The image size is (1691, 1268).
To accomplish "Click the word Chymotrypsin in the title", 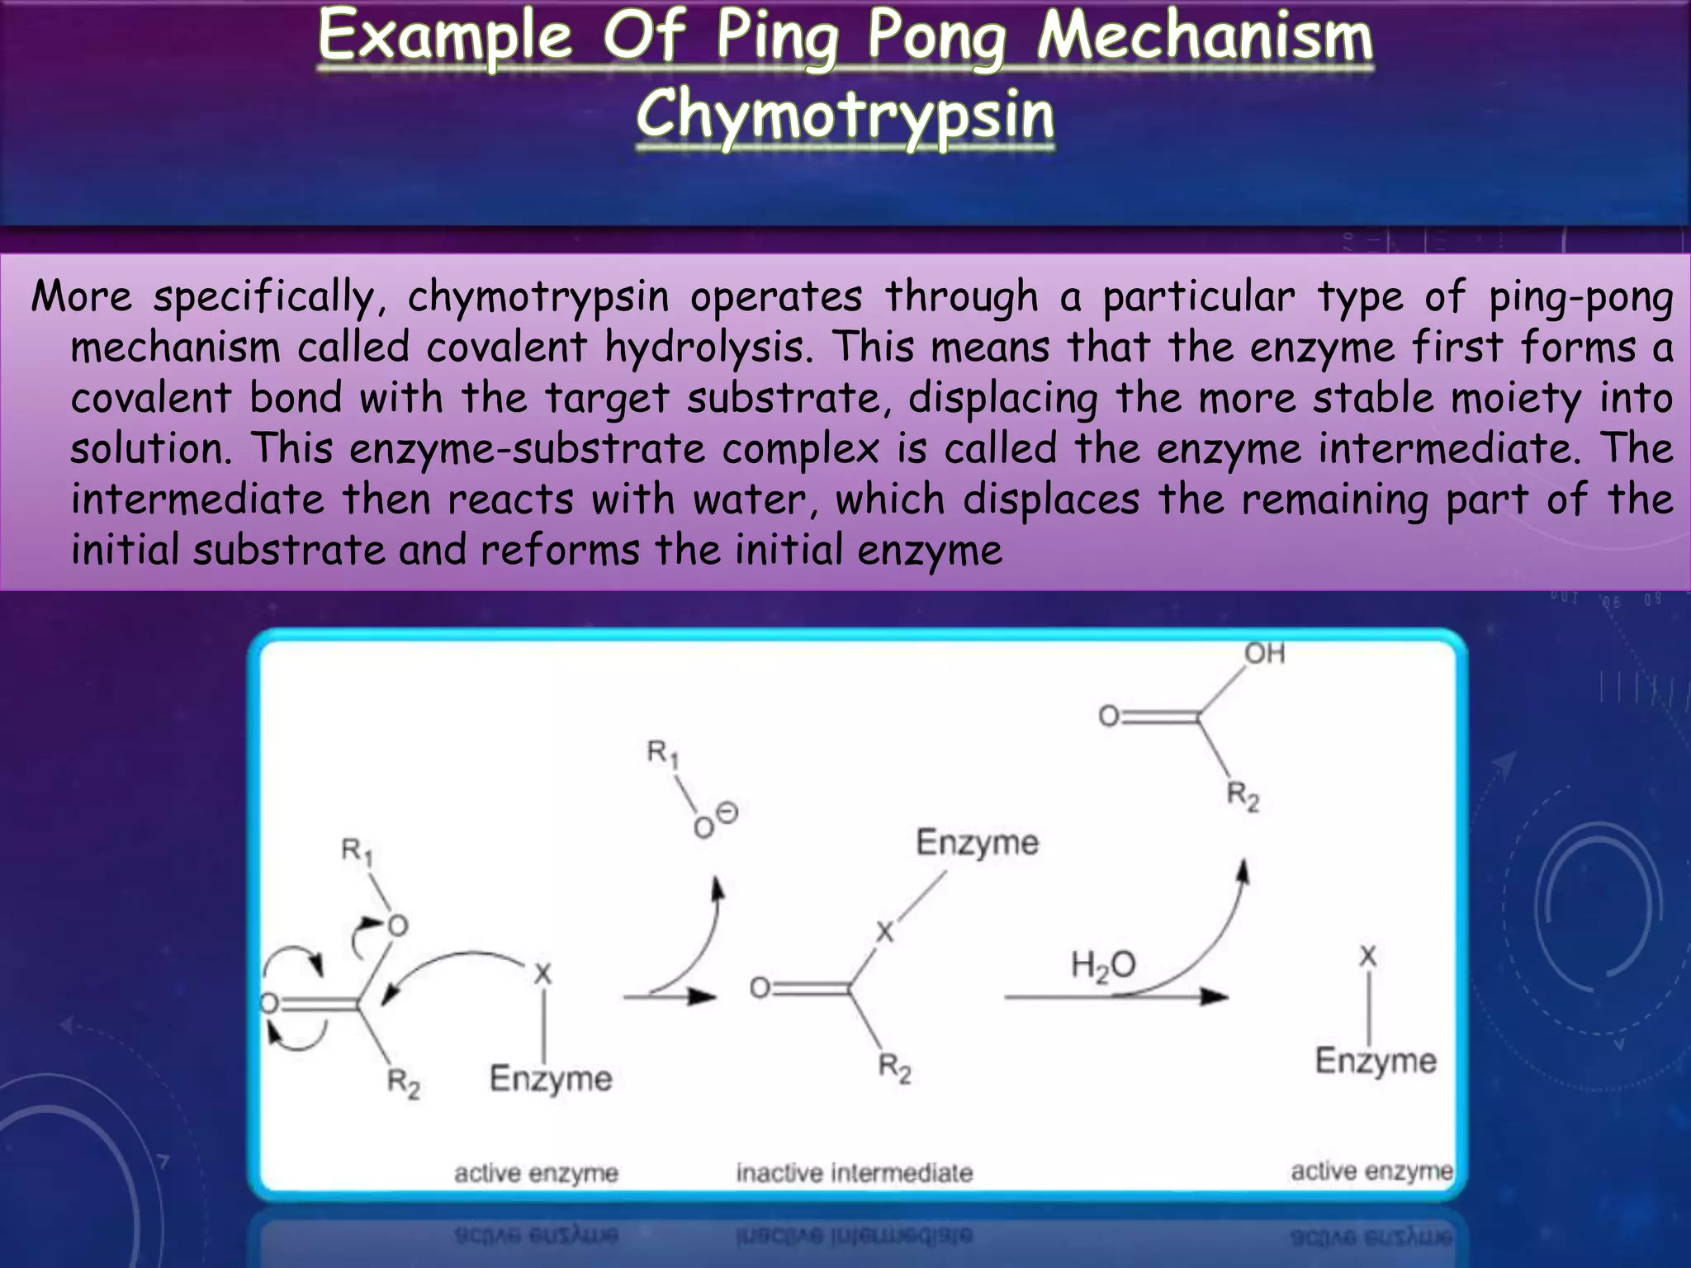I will [845, 116].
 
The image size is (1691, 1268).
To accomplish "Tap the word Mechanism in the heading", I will [1205, 37].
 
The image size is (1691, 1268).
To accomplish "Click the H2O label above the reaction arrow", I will [1102, 964].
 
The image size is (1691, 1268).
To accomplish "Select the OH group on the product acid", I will [1264, 654].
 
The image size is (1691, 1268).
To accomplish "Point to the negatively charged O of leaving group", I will [704, 826].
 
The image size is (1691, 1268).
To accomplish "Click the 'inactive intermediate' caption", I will [855, 1172].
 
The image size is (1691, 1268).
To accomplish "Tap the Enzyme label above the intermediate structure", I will [977, 842].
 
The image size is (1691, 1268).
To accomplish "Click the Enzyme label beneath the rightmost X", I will [1375, 1061].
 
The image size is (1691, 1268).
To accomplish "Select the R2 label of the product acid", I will [1242, 796].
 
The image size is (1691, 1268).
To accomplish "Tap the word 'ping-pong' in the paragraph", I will [1580, 297].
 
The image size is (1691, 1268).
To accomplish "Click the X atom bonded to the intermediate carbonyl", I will [884, 932].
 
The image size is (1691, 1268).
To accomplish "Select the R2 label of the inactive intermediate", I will [894, 1067].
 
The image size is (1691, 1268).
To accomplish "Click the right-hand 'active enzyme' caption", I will [1371, 1171].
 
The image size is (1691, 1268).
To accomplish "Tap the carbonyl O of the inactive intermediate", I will [760, 987].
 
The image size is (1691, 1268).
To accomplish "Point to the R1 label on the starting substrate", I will [357, 851].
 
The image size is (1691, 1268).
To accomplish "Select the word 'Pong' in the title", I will [937, 37].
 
